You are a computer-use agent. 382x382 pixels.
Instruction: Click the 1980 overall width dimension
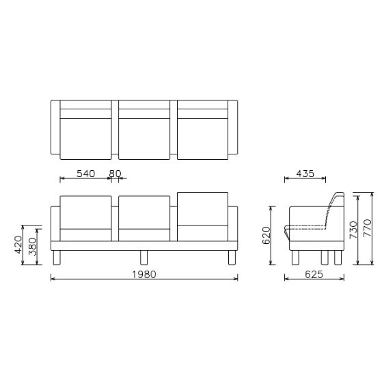coord(145,274)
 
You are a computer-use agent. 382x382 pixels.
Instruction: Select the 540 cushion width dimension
coord(85,174)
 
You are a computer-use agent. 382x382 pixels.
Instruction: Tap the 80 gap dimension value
coord(115,174)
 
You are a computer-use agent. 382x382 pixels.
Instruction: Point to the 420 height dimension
coord(19,245)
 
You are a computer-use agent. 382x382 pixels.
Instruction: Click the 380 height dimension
coord(32,245)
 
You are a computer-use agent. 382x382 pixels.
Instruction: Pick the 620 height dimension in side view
coord(267,235)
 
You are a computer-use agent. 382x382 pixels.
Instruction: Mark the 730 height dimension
coord(353,228)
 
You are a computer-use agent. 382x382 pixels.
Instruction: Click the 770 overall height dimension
coord(367,228)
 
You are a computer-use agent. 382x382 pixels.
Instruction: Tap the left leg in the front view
coord(57,258)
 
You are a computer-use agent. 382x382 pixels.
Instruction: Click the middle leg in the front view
coord(144,258)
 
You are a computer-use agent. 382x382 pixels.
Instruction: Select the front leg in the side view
coord(295,258)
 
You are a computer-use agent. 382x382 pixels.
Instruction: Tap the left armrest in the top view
coord(55,127)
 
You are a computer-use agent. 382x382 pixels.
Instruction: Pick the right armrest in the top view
coord(233,127)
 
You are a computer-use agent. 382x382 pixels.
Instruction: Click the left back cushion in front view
coord(85,212)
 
